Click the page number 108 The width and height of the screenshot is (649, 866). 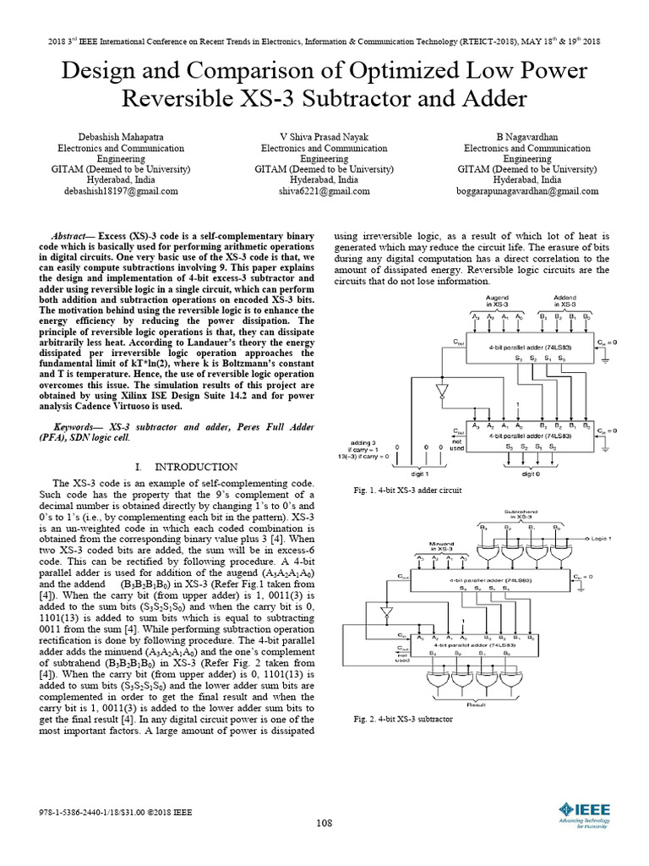click(324, 824)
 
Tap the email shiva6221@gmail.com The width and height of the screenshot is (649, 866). click(324, 192)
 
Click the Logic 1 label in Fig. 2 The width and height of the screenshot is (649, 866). click(602, 537)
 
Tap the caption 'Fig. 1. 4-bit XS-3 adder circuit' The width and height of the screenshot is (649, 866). click(408, 491)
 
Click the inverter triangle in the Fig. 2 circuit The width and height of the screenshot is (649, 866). click(384, 611)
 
